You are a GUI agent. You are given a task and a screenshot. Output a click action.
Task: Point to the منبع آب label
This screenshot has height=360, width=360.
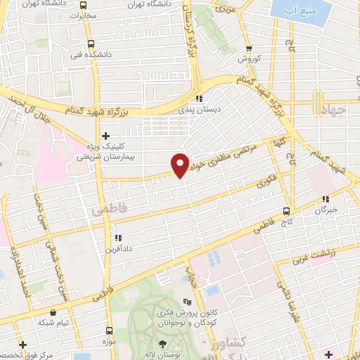[x=302, y=11]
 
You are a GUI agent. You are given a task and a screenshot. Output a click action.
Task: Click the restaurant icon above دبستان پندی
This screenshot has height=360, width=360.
[x=199, y=98]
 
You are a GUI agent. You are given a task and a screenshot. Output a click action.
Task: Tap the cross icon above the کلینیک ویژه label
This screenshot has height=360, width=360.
[x=105, y=135]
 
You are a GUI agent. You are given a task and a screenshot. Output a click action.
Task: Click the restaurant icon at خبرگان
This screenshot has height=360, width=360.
[x=325, y=199]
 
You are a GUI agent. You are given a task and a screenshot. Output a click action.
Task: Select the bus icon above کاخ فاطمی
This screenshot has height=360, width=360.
[x=286, y=210]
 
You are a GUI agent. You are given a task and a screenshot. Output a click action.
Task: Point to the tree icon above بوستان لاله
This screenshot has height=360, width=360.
[x=163, y=344]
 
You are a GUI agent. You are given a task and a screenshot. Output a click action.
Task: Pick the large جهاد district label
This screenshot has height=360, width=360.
[x=335, y=112]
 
